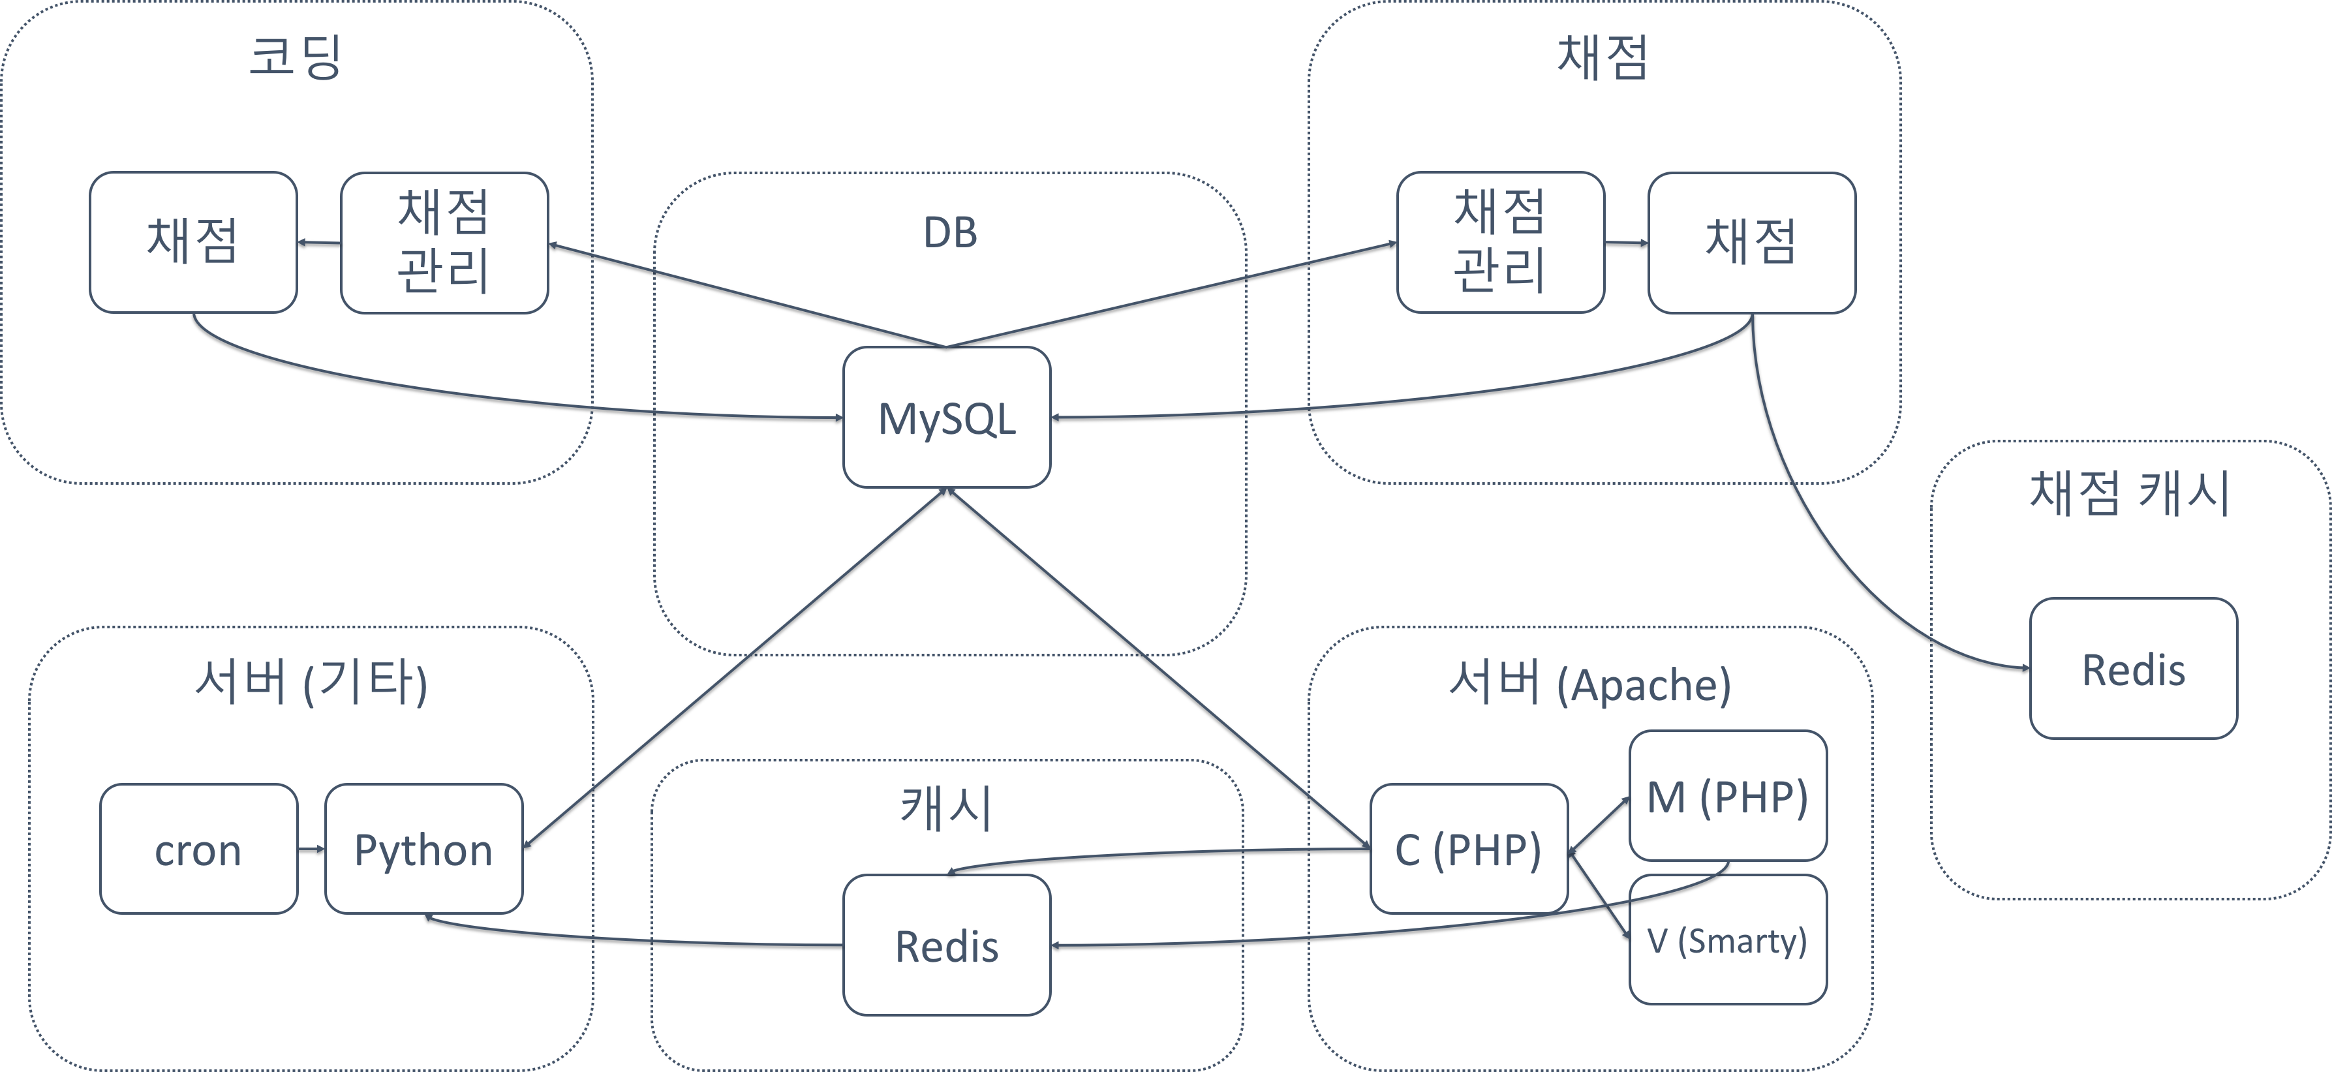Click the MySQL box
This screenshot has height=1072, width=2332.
pos(946,418)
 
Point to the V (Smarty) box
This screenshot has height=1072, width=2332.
pos(1727,940)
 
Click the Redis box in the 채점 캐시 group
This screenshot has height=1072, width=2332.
pos(2133,669)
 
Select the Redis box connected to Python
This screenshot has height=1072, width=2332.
pos(946,945)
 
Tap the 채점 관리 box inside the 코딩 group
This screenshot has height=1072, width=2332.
pos(444,242)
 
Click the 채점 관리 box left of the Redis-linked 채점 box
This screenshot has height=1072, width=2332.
pos(1500,242)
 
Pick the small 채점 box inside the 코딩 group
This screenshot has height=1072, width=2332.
pos(193,242)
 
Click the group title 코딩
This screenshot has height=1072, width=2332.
pos(295,57)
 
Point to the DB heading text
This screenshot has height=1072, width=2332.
pos(949,233)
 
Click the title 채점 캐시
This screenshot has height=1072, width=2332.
pos(2129,493)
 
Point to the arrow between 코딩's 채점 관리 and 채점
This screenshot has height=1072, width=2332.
pos(318,242)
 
